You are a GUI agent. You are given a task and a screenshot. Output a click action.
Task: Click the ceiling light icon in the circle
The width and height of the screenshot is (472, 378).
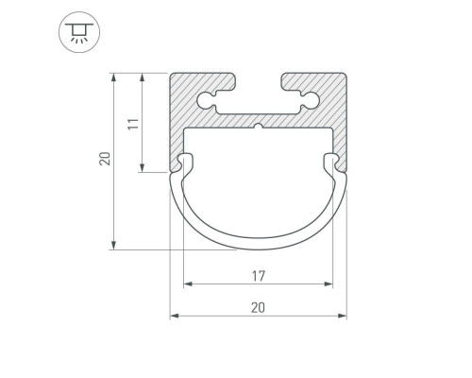[79, 32]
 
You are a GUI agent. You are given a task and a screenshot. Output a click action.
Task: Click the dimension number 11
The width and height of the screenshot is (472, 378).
[133, 124]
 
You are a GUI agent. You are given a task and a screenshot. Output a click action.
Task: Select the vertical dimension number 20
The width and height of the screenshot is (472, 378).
[105, 159]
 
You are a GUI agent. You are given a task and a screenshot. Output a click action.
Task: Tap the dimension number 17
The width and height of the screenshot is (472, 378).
[259, 276]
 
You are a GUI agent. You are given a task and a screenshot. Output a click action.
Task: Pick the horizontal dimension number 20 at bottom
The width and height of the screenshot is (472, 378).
[258, 307]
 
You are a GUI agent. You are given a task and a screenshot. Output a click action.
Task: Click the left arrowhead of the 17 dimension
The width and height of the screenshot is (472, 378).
[188, 284]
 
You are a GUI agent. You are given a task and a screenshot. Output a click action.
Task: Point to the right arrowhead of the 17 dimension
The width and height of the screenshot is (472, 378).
[329, 284]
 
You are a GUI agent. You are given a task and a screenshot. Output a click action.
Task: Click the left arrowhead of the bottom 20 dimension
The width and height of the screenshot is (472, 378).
[175, 316]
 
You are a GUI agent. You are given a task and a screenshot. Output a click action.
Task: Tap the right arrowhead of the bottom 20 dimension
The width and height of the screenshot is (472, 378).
[342, 316]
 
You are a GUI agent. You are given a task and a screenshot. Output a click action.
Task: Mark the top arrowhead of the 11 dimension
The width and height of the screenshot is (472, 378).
[143, 77]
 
